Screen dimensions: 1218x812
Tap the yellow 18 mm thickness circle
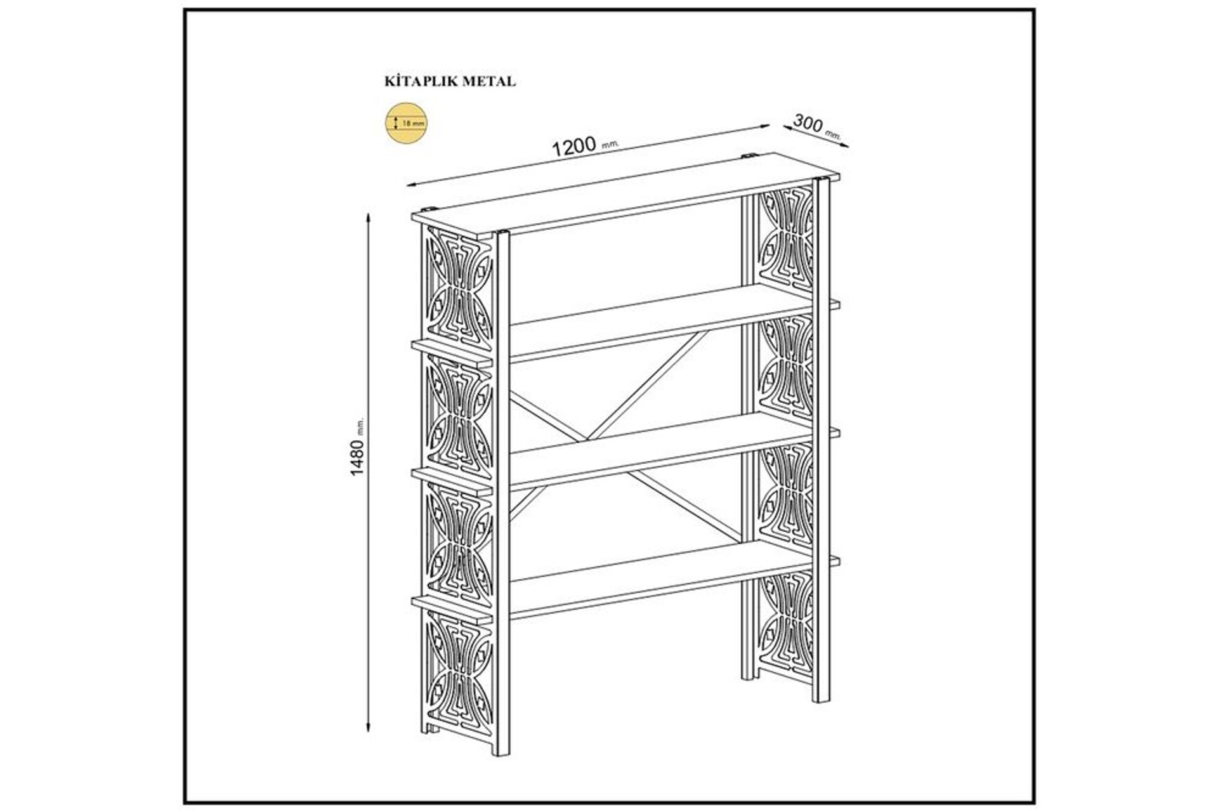[x=407, y=122]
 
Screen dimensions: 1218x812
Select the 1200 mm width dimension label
[x=585, y=147]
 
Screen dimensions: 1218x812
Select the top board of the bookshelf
[x=625, y=195]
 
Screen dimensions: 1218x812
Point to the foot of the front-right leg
[x=822, y=697]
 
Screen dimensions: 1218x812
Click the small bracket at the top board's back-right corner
[x=749, y=155]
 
